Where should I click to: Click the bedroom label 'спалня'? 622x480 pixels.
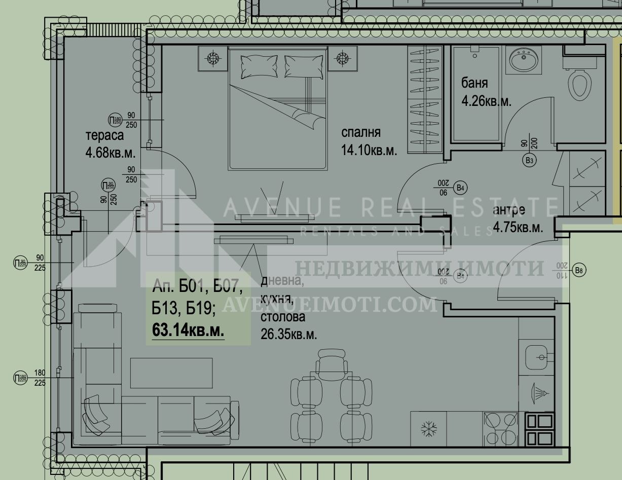(x=360, y=133)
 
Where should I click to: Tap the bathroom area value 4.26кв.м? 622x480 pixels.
(x=486, y=101)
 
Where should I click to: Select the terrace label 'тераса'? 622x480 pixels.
(x=104, y=135)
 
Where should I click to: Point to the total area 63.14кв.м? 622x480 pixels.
(x=188, y=330)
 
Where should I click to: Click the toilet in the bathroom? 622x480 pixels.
(x=579, y=84)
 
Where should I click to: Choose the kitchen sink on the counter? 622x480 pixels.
(x=536, y=357)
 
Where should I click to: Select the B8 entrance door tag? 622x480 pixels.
(x=580, y=271)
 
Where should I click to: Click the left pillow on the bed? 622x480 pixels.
(x=259, y=66)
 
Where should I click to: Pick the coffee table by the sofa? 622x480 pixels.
(x=171, y=373)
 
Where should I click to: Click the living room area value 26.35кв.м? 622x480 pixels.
(x=288, y=335)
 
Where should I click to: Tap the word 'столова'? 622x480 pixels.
(x=283, y=317)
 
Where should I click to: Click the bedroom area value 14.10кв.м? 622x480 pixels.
(x=369, y=150)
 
